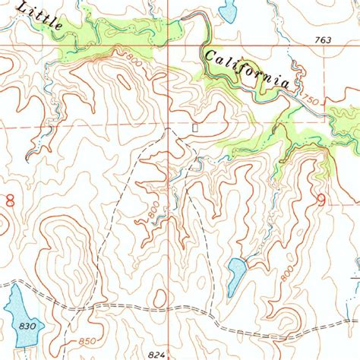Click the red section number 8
pyautogui.click(x=11, y=201)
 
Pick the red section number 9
pyautogui.click(x=321, y=201)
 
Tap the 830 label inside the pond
pyautogui.click(x=29, y=325)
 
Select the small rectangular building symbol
pyautogui.click(x=196, y=128)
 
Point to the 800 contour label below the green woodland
pyautogui.click(x=134, y=59)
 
